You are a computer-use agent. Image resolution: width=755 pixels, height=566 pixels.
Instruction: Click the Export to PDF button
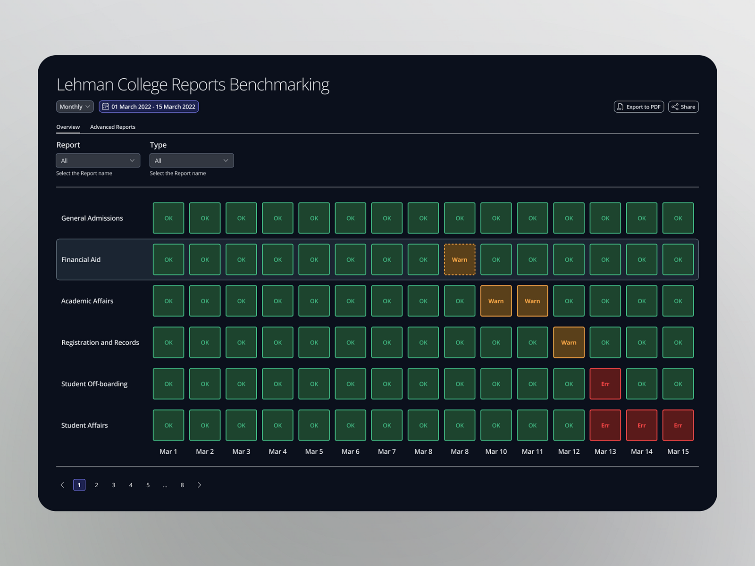638,107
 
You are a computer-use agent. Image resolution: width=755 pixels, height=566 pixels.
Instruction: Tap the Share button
683,107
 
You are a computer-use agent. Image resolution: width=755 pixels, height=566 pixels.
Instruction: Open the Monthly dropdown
75,107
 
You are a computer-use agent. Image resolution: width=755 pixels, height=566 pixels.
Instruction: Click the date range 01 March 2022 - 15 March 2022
149,107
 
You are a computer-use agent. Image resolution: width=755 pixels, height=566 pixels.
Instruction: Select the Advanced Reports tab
112,127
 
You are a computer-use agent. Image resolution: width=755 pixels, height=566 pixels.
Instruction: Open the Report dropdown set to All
98,160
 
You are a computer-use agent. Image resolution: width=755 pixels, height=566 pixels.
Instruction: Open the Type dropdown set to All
191,160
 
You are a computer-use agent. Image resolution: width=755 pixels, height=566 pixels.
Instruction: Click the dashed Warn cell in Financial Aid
459,259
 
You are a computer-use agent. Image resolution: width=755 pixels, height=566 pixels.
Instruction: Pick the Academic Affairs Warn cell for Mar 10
495,301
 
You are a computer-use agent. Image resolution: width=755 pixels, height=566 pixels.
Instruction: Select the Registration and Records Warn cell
569,342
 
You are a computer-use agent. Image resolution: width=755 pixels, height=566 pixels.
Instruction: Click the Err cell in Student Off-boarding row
605,384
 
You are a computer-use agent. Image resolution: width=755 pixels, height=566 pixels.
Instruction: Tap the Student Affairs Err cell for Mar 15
678,425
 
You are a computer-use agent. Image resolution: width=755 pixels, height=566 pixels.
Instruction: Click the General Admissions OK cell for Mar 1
168,218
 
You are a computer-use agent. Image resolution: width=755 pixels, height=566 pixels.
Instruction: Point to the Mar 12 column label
569,451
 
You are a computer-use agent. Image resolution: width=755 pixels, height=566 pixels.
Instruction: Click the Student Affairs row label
84,425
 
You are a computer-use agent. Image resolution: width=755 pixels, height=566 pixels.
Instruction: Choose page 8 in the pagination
182,485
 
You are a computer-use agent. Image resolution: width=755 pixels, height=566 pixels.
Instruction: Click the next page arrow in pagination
199,485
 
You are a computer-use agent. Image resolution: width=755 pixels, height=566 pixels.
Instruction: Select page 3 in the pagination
114,485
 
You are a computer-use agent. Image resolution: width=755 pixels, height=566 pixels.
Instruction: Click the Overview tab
68,127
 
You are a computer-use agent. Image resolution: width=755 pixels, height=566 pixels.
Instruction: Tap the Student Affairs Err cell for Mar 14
641,425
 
